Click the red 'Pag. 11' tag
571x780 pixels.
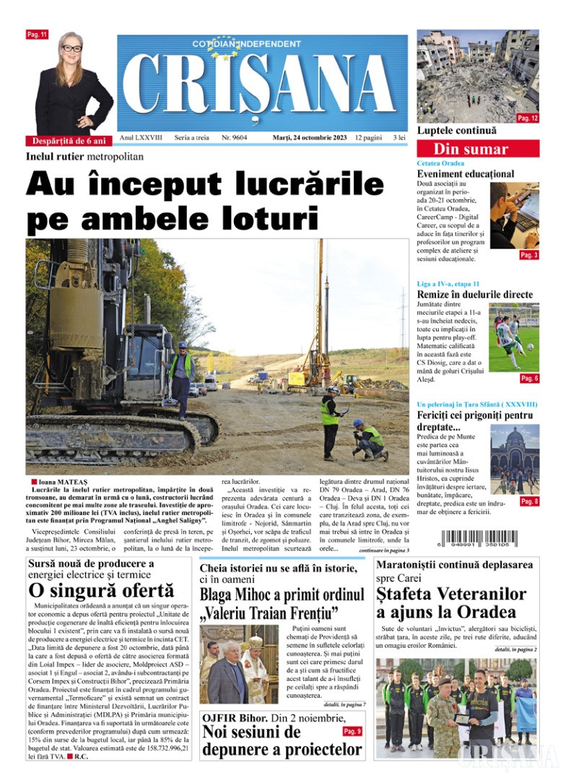coord(36,35)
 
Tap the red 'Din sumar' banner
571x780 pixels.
coord(471,149)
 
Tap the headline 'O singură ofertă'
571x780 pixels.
coord(101,590)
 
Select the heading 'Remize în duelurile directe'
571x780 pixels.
coord(475,294)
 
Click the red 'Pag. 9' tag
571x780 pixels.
coord(352,732)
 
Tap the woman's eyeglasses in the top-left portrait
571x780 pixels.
coord(72,48)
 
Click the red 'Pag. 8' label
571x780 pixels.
coord(528,501)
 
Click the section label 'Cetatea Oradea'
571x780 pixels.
coord(440,163)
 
